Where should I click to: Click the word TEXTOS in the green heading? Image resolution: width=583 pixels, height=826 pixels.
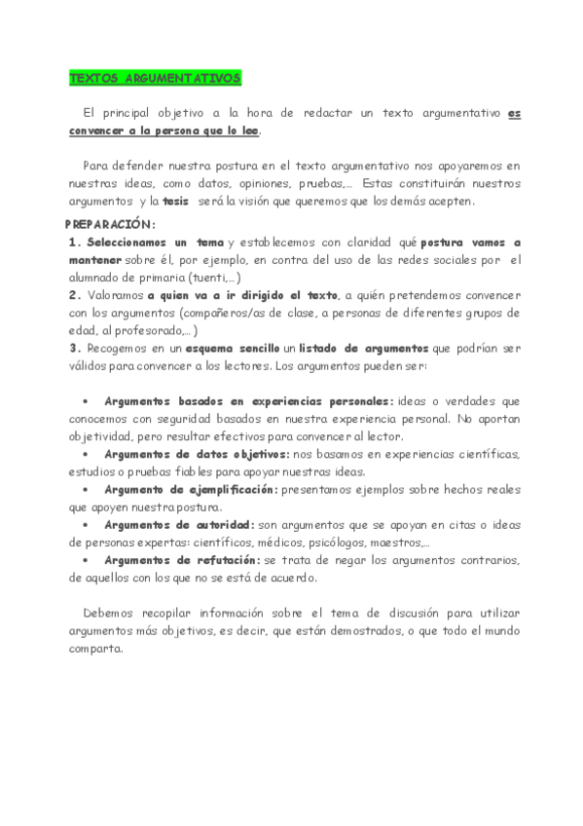coord(94,78)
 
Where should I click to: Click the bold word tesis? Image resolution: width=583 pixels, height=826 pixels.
coord(176,202)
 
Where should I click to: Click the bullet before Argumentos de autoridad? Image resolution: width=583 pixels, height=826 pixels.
coord(86,525)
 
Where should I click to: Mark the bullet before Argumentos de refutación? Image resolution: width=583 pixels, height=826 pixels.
coord(86,560)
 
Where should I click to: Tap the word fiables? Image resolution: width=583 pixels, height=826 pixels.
coord(203,472)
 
